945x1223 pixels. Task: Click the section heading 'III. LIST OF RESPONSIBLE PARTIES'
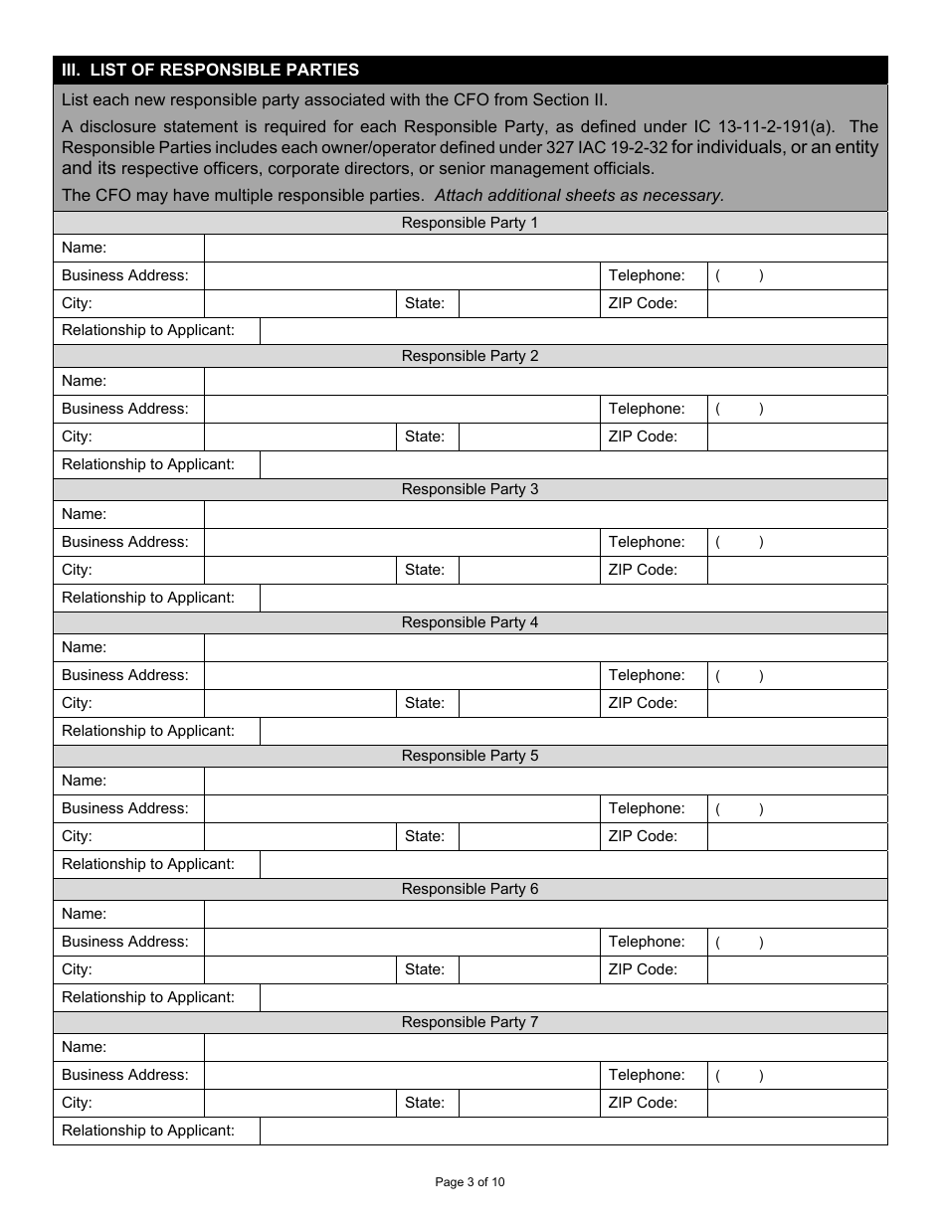click(210, 70)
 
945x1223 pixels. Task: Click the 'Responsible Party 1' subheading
click(470, 223)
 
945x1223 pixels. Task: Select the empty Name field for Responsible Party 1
click(545, 248)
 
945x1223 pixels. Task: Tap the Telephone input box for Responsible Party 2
click(797, 409)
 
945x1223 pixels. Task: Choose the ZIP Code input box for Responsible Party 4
click(797, 703)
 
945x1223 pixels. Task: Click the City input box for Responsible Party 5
click(299, 836)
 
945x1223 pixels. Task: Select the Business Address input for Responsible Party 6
click(401, 942)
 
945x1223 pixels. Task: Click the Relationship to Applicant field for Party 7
click(573, 1131)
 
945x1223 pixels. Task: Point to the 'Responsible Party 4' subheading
click(470, 622)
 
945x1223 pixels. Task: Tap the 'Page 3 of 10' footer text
click(471, 1182)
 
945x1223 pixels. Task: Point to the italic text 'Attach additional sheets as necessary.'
click(579, 195)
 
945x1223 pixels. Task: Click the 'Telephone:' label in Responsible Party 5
click(647, 808)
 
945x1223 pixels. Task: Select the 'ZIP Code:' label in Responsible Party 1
click(643, 303)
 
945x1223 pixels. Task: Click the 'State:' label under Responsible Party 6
click(425, 969)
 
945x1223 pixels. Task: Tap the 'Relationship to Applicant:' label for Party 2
click(148, 464)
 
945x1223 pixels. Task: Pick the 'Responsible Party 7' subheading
click(470, 1022)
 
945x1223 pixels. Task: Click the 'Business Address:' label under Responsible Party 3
click(124, 542)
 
